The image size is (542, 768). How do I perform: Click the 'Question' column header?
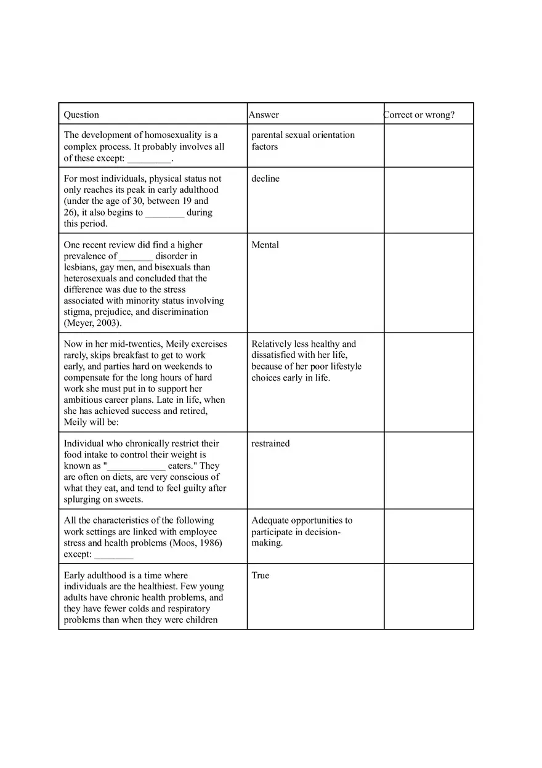coord(81,115)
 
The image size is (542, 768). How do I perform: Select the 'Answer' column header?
coord(264,115)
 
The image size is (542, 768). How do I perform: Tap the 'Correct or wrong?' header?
coord(419,115)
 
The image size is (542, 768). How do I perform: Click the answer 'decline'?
coord(265,179)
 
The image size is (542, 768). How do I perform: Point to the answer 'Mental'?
coord(265,245)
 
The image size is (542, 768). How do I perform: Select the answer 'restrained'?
coord(270,443)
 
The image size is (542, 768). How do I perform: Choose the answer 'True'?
coord(261,575)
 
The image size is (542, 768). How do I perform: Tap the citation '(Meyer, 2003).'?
coord(93,323)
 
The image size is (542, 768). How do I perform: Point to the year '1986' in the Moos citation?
coord(209,543)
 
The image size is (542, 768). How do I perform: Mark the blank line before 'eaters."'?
coord(135,466)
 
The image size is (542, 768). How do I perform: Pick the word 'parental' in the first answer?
coord(267,135)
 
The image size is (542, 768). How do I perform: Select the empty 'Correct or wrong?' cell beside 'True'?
coord(429,596)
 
